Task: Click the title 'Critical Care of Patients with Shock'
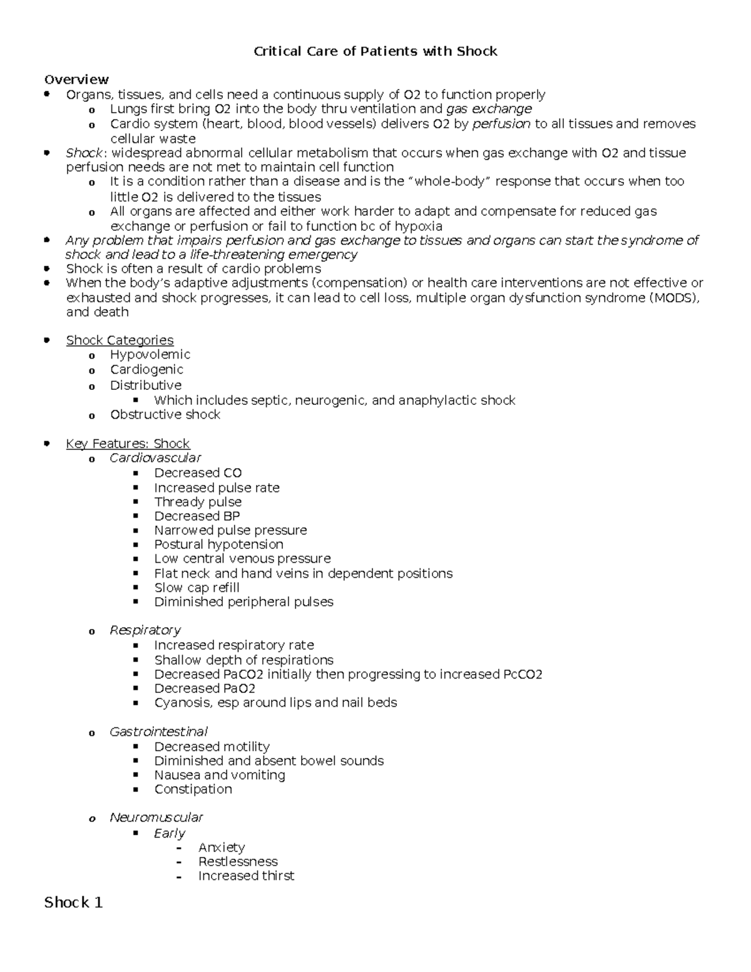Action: pos(375,51)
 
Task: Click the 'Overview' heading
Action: pos(76,79)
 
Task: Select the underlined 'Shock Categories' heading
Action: pos(120,340)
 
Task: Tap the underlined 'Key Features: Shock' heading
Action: pos(128,444)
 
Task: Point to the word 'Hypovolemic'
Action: pos(150,354)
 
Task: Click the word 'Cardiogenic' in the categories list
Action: pos(146,369)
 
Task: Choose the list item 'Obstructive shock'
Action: pos(165,414)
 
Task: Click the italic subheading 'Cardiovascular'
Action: pos(155,458)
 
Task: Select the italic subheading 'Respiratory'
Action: pos(145,630)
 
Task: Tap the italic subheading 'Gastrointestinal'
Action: pos(158,732)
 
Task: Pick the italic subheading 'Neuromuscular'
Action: pos(156,817)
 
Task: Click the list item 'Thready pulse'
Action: pos(198,502)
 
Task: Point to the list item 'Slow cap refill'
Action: pos(197,588)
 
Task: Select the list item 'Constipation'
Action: pos(193,789)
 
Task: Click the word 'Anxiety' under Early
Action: pos(222,847)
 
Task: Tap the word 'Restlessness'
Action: pos(238,862)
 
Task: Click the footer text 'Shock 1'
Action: pos(73,903)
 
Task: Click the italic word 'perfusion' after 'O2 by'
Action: pos(501,124)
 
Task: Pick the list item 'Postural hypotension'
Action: pos(218,545)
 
